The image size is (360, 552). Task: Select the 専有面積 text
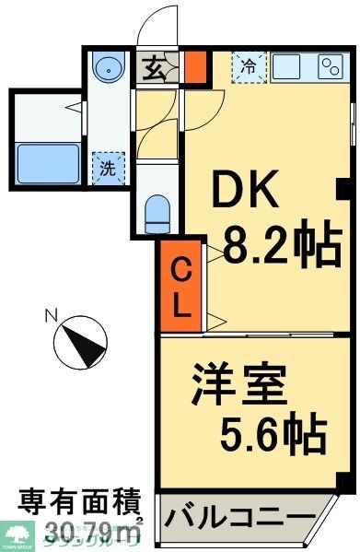tap(81, 504)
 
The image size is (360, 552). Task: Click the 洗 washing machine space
tap(107, 169)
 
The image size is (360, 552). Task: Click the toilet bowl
tap(157, 214)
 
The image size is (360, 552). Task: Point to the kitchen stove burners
tap(330, 67)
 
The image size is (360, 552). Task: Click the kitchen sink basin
tap(289, 67)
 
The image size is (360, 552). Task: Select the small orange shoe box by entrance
tap(195, 67)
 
